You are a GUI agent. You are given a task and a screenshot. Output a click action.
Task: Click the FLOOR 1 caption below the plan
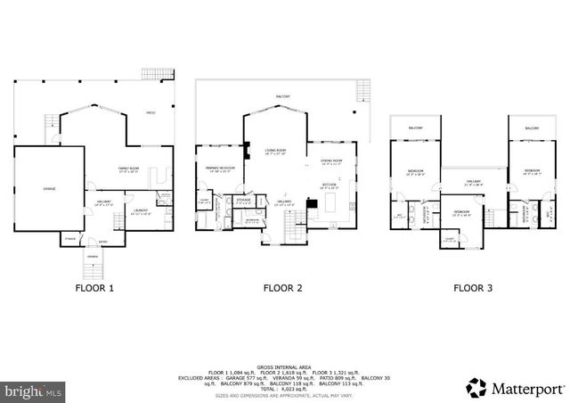point(92,287)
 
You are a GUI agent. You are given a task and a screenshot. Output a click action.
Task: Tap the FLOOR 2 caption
point(283,287)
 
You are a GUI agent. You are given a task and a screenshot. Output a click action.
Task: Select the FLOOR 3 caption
point(474,287)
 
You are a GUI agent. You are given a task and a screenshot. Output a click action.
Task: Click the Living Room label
point(274,152)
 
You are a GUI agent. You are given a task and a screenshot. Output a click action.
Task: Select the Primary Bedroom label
point(219,169)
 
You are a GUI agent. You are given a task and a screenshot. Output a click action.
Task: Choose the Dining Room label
point(332,161)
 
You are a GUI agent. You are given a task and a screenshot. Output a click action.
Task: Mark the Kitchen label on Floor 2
point(330,185)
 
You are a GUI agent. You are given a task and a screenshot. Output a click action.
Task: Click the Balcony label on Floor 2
point(282,95)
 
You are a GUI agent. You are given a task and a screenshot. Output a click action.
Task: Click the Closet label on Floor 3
point(450,239)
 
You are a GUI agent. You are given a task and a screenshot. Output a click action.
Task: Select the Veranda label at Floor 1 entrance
point(93,256)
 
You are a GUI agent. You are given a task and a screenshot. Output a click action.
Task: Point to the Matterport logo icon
point(477,387)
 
